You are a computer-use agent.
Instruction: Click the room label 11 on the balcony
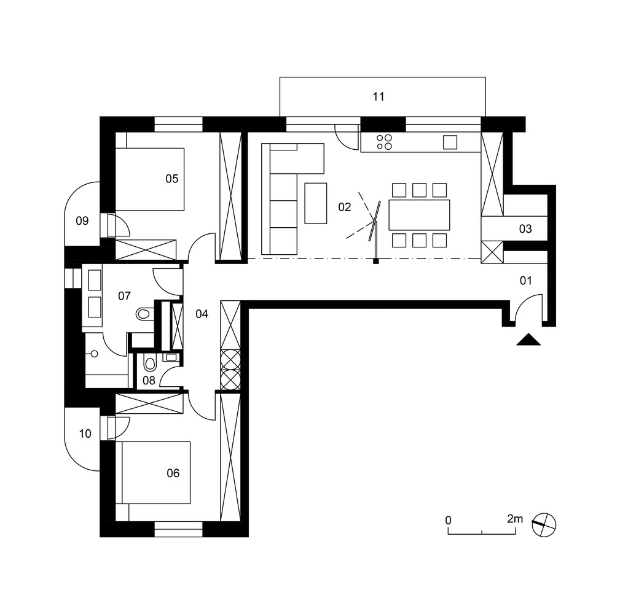click(x=379, y=96)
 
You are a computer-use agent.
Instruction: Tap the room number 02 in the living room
click(x=345, y=207)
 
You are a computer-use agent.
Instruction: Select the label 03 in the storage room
click(x=525, y=229)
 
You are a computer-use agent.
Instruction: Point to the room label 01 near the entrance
click(x=527, y=281)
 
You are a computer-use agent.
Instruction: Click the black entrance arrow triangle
click(x=528, y=340)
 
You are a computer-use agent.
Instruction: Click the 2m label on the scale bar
click(x=515, y=519)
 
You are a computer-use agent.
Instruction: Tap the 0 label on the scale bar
click(x=449, y=520)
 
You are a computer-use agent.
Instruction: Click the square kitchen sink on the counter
click(x=450, y=142)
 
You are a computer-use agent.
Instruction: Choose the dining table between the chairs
click(x=420, y=215)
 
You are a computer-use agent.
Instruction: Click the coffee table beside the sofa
click(x=316, y=203)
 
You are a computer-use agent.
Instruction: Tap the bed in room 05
click(x=150, y=179)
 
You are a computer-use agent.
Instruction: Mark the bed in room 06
click(x=155, y=472)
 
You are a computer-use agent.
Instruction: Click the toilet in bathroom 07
click(x=144, y=314)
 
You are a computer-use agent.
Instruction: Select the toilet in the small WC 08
click(x=149, y=364)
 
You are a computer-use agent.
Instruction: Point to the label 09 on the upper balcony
click(x=82, y=220)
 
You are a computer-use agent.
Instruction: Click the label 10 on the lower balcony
click(x=85, y=434)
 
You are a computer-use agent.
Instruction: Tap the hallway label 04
click(x=202, y=314)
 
